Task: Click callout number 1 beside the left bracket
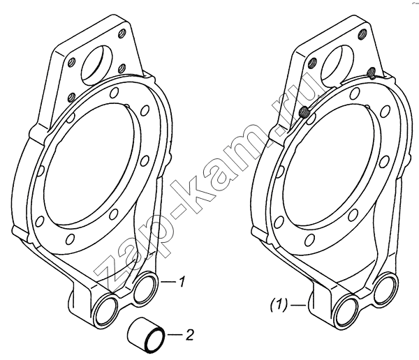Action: click(182, 282)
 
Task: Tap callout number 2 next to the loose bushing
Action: click(189, 335)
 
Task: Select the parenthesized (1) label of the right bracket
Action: click(279, 305)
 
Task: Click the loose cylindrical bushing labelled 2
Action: click(145, 335)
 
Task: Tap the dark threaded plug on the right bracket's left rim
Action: click(304, 112)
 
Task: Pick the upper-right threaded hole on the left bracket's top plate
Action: click(123, 33)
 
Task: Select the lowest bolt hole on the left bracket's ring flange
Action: click(70, 239)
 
